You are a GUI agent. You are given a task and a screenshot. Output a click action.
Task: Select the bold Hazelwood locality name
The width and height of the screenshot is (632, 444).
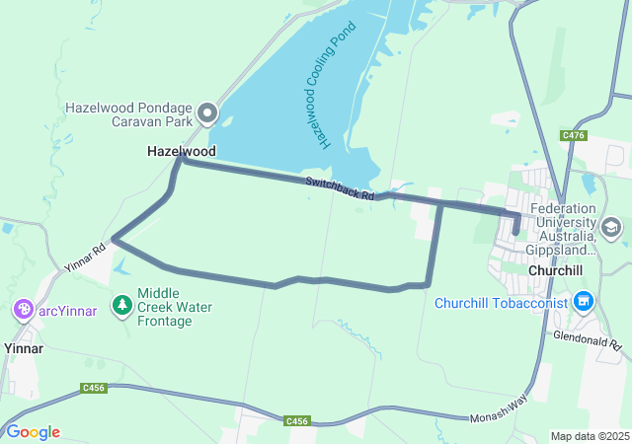pyautogui.click(x=181, y=151)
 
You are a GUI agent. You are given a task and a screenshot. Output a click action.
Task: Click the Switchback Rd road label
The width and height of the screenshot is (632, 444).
pyautogui.click(x=340, y=188)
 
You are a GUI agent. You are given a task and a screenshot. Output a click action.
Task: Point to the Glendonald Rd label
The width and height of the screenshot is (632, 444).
pyautogui.click(x=586, y=340)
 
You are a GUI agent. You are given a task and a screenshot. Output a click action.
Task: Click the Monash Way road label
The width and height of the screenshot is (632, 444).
pyautogui.click(x=500, y=417)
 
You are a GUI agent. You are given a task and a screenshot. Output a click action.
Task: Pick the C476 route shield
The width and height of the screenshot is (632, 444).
pyautogui.click(x=573, y=135)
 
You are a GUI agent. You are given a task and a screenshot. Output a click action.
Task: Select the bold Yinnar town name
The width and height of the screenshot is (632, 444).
pyautogui.click(x=24, y=348)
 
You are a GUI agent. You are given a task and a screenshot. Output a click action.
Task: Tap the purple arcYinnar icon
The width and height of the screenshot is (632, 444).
pyautogui.click(x=24, y=311)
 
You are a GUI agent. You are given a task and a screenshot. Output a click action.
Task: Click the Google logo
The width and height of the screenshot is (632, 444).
pyautogui.click(x=33, y=431)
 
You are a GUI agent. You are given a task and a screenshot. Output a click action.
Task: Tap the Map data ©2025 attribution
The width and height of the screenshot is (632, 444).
pyautogui.click(x=589, y=436)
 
